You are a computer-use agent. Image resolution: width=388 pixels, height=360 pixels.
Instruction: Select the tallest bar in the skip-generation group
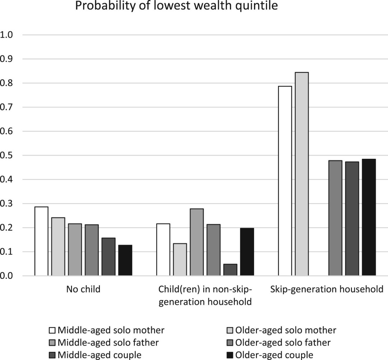click(302, 174)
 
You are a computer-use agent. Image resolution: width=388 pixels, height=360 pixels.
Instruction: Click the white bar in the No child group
click(41, 241)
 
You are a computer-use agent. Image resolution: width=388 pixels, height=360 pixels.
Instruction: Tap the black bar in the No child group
click(125, 260)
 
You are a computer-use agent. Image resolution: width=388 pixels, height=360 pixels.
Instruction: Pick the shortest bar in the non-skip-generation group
click(230, 270)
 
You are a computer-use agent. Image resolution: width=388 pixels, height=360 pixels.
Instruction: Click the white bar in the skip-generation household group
click(285, 181)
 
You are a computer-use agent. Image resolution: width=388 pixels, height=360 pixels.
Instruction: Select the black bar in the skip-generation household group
click(369, 217)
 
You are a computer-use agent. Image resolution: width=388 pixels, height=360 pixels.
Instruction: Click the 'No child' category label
click(83, 289)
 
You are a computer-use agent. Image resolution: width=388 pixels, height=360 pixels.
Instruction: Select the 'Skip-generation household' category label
click(327, 289)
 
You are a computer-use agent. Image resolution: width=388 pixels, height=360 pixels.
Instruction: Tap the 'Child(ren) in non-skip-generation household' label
click(205, 295)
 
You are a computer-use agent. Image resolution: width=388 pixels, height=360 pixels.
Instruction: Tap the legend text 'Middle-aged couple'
click(100, 355)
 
